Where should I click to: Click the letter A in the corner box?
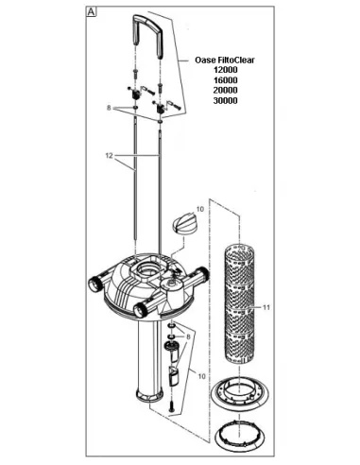click(91, 12)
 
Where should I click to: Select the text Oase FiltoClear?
click(225, 60)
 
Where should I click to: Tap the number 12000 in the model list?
click(226, 70)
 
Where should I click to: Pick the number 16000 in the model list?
click(226, 80)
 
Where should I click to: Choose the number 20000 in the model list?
click(226, 91)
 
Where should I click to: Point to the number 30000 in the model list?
click(226, 101)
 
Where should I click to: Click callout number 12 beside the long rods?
click(109, 156)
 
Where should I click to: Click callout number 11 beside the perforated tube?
click(266, 307)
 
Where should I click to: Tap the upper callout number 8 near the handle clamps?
click(109, 108)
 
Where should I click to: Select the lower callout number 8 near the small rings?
click(188, 337)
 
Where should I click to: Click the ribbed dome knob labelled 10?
click(183, 224)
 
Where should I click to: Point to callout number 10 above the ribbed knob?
click(200, 209)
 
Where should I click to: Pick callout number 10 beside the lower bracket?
click(201, 376)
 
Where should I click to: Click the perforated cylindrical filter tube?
click(240, 303)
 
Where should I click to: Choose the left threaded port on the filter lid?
click(94, 284)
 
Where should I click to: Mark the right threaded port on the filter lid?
click(202, 273)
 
